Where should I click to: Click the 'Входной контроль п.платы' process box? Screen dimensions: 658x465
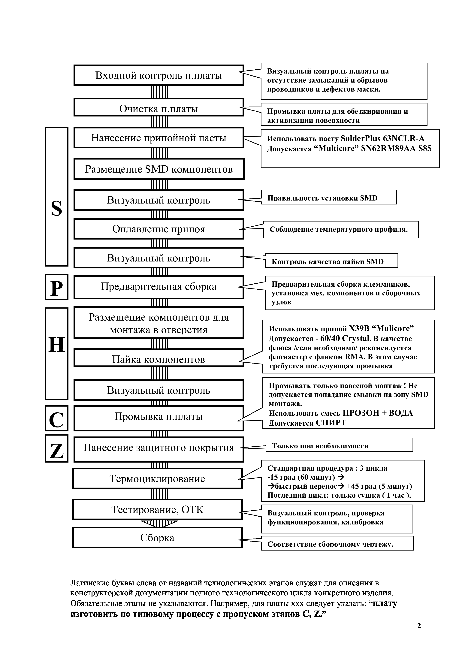(159, 75)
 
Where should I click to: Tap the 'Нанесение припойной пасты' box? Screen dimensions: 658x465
(159, 138)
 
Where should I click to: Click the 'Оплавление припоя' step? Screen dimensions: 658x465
(159, 229)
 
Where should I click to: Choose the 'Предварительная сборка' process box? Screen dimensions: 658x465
(159, 287)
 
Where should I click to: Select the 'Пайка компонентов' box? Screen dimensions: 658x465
(159, 359)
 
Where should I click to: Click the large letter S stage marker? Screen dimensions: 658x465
(56, 208)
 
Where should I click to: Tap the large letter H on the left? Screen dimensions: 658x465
(56, 345)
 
